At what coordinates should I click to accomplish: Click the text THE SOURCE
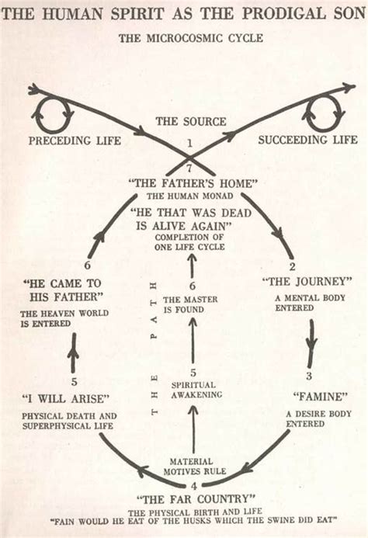pyautogui.click(x=191, y=122)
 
